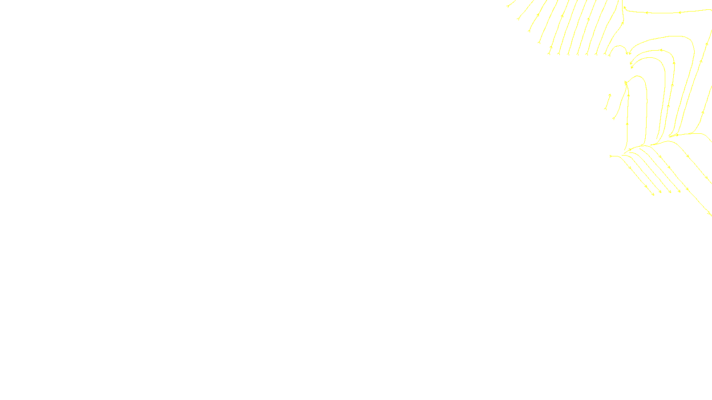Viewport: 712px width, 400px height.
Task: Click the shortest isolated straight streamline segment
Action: pos(607,102)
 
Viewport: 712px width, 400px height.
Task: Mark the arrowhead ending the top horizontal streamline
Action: pos(624,7)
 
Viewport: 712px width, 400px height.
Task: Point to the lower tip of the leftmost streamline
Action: pos(508,6)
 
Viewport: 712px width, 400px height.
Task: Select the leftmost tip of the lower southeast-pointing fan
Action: pos(611,156)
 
